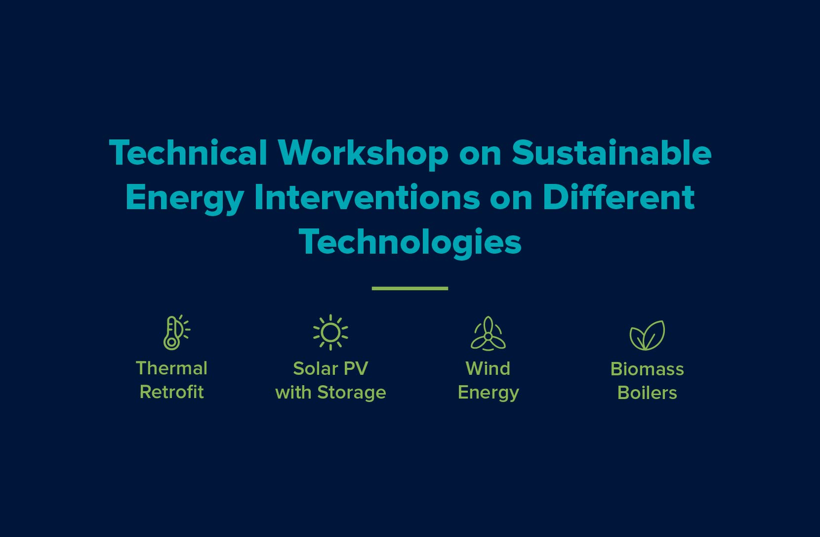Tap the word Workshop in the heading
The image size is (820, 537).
pyautogui.click(x=363, y=153)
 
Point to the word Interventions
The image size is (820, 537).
pyautogui.click(x=367, y=197)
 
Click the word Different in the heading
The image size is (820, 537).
pyautogui.click(x=618, y=197)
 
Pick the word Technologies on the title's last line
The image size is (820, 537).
pyautogui.click(x=410, y=242)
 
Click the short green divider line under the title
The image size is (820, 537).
pyautogui.click(x=410, y=288)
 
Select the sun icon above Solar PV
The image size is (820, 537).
pyautogui.click(x=330, y=332)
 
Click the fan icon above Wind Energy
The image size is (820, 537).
pyautogui.click(x=488, y=334)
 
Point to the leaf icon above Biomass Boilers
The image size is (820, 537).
pyautogui.click(x=647, y=335)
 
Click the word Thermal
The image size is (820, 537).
pyautogui.click(x=171, y=368)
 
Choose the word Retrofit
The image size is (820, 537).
pyautogui.click(x=171, y=392)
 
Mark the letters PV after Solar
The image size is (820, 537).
pyautogui.click(x=357, y=368)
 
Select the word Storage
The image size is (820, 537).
pyautogui.click(x=351, y=393)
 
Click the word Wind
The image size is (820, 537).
pyautogui.click(x=488, y=368)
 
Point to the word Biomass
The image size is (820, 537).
pyautogui.click(x=647, y=369)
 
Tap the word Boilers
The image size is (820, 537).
pyautogui.click(x=647, y=393)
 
